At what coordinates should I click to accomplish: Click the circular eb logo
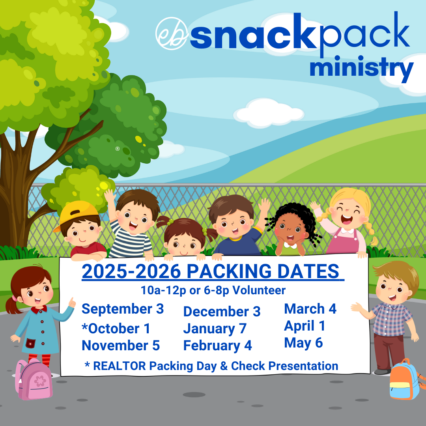(172, 34)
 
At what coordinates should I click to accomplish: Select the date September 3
(123, 309)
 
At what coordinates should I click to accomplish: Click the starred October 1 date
(116, 329)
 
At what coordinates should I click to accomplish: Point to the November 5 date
(121, 346)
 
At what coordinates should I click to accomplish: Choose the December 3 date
(222, 312)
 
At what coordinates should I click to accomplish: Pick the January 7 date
(215, 329)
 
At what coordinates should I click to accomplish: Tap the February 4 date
(218, 346)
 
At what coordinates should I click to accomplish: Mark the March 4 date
(310, 309)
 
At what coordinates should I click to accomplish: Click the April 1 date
(305, 326)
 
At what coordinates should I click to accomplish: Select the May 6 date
(303, 343)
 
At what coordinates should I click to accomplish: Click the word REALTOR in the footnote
(120, 366)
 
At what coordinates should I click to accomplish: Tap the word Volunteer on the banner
(259, 290)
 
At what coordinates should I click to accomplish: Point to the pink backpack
(34, 379)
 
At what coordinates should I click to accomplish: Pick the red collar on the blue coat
(39, 309)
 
